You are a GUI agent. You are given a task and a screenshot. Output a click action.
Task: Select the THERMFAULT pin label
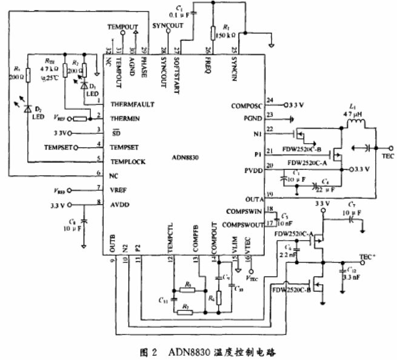coord(133,104)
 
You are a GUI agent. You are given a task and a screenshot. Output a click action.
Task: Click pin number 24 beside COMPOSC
coord(270,101)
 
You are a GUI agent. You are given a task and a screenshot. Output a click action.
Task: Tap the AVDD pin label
coord(121,204)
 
